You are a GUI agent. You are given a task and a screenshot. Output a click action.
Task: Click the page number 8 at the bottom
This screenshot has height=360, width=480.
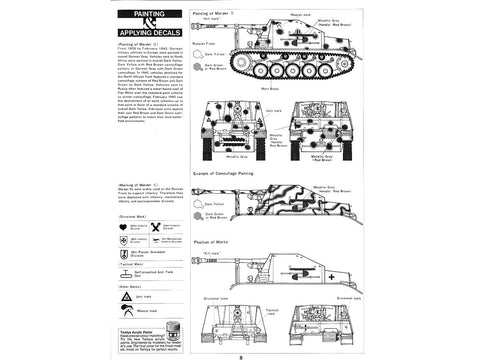pyautogui.click(x=240, y=348)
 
